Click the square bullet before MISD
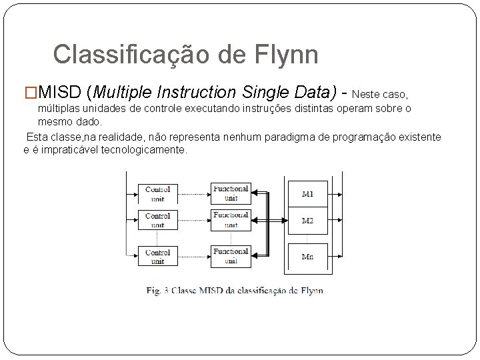(x=31, y=91)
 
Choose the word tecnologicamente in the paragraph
(x=144, y=149)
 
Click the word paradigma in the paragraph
(x=288, y=137)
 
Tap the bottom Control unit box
(x=157, y=257)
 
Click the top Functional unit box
(x=230, y=193)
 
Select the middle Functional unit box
(x=230, y=220)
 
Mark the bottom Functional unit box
(x=230, y=256)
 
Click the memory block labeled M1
(x=307, y=194)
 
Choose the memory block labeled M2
(x=307, y=221)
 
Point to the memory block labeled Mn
(x=307, y=256)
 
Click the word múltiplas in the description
(x=59, y=109)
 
